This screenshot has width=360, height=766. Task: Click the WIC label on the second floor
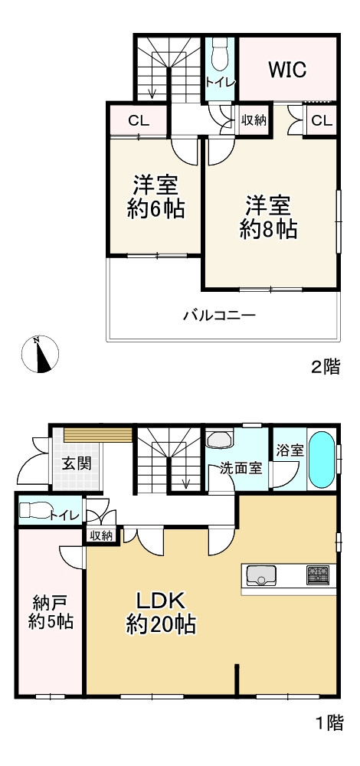pos(287,70)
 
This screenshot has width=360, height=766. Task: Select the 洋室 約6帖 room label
pos(155,197)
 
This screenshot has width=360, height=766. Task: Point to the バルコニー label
pos(219,315)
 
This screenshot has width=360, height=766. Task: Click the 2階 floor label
pos(325,367)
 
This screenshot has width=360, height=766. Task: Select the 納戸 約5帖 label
pos(51,611)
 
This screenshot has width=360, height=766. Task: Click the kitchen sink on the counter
pos(263,574)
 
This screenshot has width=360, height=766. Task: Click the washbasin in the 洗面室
pos(220,441)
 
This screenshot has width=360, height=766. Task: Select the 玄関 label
pos(77,463)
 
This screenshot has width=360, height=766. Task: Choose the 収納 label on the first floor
pos(101,535)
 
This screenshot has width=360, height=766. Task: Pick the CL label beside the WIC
pos(322,120)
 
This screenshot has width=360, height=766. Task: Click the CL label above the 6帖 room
pos(138,120)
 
